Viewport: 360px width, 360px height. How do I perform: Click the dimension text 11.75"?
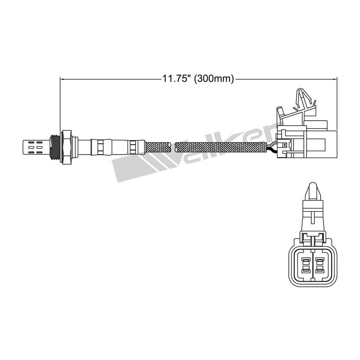click(176, 79)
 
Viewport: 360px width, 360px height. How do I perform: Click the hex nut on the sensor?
click(66, 147)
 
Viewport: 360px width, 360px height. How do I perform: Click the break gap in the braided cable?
click(173, 147)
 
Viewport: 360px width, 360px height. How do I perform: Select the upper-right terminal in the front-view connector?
click(319, 260)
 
